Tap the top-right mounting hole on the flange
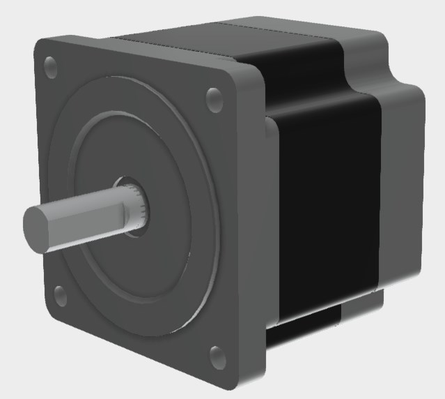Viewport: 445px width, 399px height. [x=214, y=100]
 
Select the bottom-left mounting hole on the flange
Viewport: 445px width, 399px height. [x=61, y=295]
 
